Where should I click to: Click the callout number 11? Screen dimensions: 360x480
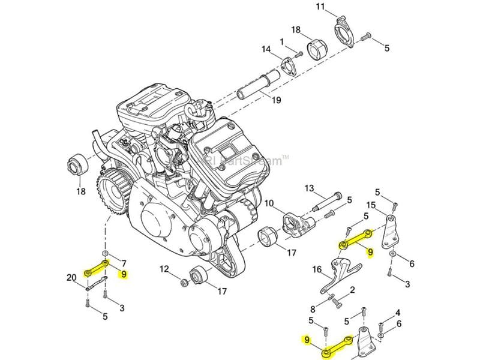coord(337,7)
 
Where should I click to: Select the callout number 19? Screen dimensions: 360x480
coord(275,100)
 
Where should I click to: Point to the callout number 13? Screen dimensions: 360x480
coord(310,188)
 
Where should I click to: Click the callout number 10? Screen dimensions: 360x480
coord(269,203)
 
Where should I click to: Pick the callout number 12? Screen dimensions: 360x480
coord(164,268)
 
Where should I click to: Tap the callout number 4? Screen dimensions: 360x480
coord(397,313)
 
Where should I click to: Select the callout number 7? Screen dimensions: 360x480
coord(124,263)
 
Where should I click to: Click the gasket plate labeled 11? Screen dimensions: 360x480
coord(344,32)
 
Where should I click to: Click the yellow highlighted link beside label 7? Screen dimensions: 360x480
coord(97,268)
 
